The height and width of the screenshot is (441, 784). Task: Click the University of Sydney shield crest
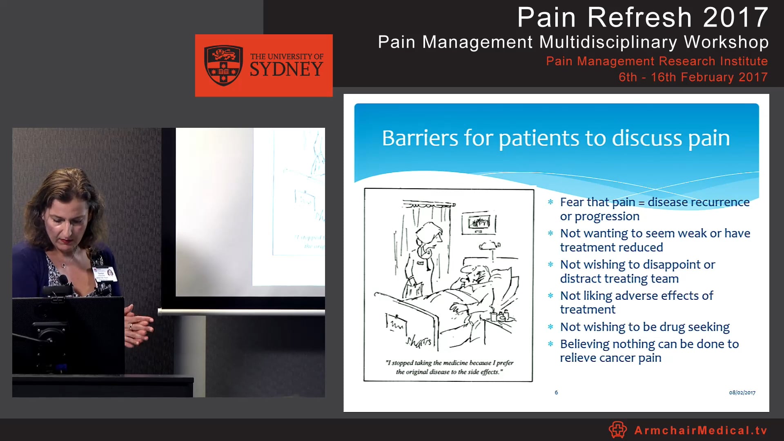click(x=223, y=65)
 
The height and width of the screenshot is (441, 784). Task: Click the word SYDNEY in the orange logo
click(x=286, y=70)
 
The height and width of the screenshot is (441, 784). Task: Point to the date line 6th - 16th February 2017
click(x=693, y=77)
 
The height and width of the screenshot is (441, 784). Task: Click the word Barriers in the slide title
click(x=420, y=138)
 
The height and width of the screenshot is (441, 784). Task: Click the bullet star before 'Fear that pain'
click(x=550, y=202)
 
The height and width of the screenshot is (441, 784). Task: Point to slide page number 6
click(x=556, y=392)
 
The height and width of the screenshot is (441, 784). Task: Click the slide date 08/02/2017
click(x=742, y=392)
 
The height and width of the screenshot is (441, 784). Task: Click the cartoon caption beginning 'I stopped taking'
click(x=449, y=367)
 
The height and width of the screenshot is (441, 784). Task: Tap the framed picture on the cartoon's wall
click(x=479, y=223)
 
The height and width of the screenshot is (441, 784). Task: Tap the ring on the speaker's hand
click(x=131, y=326)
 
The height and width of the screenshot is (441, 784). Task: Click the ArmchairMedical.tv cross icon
click(x=617, y=430)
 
